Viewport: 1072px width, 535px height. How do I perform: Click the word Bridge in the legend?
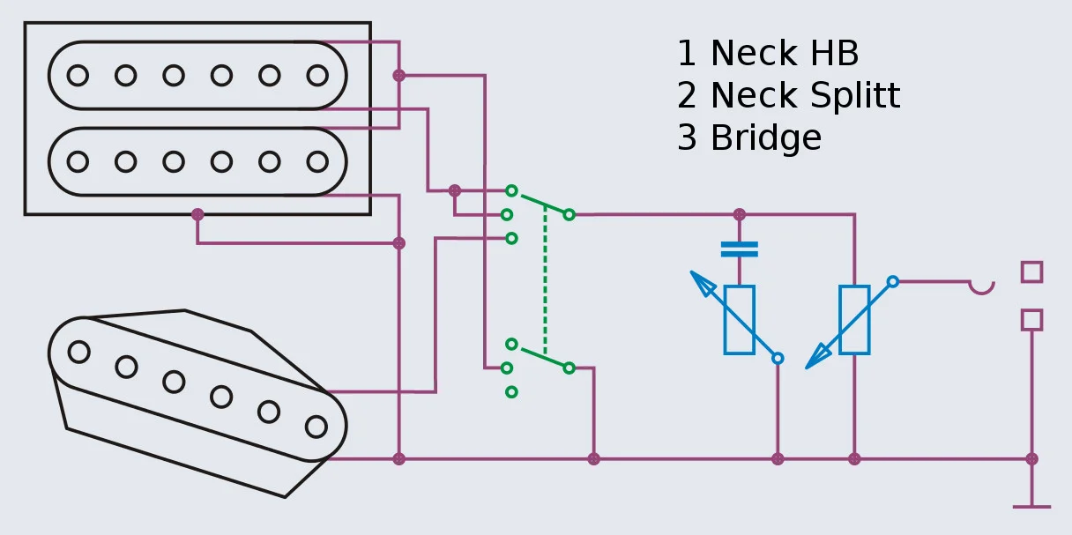765,138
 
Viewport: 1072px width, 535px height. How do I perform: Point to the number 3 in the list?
687,138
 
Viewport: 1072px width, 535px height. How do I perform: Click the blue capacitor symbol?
739,249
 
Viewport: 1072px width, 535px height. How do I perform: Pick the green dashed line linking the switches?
545,282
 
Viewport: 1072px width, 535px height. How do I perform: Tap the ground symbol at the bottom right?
1031,506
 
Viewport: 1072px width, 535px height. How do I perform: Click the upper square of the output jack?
1031,271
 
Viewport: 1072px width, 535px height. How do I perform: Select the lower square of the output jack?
1031,319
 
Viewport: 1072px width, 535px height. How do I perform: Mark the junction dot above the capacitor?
739,214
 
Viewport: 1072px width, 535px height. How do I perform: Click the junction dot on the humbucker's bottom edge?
197,214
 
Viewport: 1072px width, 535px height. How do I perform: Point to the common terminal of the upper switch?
569,214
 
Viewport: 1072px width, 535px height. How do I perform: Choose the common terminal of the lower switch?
569,368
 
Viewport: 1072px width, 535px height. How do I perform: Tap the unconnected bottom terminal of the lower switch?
511,391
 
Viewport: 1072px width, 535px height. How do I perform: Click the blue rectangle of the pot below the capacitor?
739,320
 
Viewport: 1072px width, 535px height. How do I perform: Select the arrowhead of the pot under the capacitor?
703,284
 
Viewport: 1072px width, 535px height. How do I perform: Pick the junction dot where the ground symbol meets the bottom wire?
1031,459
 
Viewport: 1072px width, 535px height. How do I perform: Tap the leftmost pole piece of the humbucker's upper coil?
78,76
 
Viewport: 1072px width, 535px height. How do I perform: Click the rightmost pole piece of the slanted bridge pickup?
316,427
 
